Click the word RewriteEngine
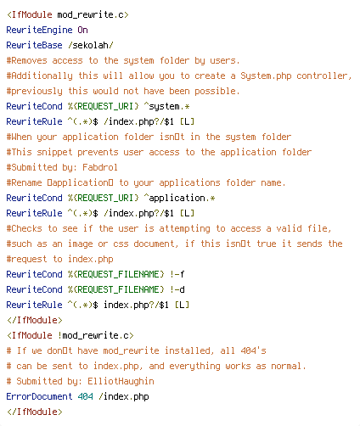(x=39, y=30)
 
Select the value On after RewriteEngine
(x=82, y=30)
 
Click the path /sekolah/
(x=91, y=45)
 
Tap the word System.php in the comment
(x=266, y=76)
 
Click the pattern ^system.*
(x=166, y=106)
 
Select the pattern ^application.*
(x=179, y=198)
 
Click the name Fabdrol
(x=100, y=167)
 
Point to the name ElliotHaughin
(x=121, y=381)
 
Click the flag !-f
(x=177, y=274)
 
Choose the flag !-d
(x=177, y=289)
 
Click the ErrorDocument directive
(x=39, y=396)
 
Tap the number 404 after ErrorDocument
(x=85, y=396)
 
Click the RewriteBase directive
(x=34, y=45)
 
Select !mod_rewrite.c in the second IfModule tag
(x=95, y=335)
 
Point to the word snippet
(x=54, y=152)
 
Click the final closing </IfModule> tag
(x=34, y=412)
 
